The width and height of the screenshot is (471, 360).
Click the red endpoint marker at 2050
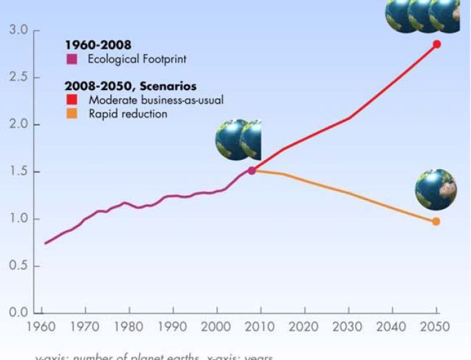point(436,44)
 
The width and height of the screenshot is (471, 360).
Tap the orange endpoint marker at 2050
point(436,222)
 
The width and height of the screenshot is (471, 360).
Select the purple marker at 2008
point(252,170)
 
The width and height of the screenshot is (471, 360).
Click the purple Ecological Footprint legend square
point(70,60)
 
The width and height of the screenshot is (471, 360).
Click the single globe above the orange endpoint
point(436,190)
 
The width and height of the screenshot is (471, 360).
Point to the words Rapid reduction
point(128,114)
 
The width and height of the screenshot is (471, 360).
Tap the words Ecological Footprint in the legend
point(137,60)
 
